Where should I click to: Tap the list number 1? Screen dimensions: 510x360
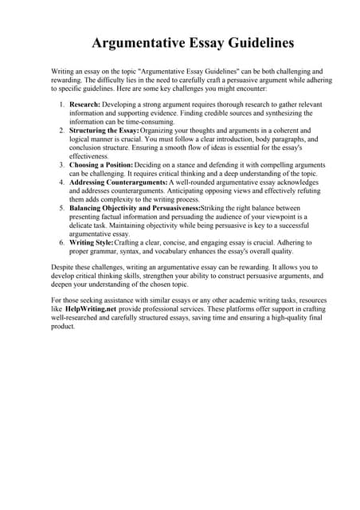[x=62, y=104]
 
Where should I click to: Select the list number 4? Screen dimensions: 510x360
[x=62, y=182]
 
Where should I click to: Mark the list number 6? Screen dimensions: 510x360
[x=62, y=241]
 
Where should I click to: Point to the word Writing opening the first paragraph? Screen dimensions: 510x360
[x=63, y=70]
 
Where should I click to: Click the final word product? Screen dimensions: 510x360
[x=63, y=323]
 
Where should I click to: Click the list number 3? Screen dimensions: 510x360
[x=62, y=164]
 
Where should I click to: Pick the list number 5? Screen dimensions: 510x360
[x=62, y=207]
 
